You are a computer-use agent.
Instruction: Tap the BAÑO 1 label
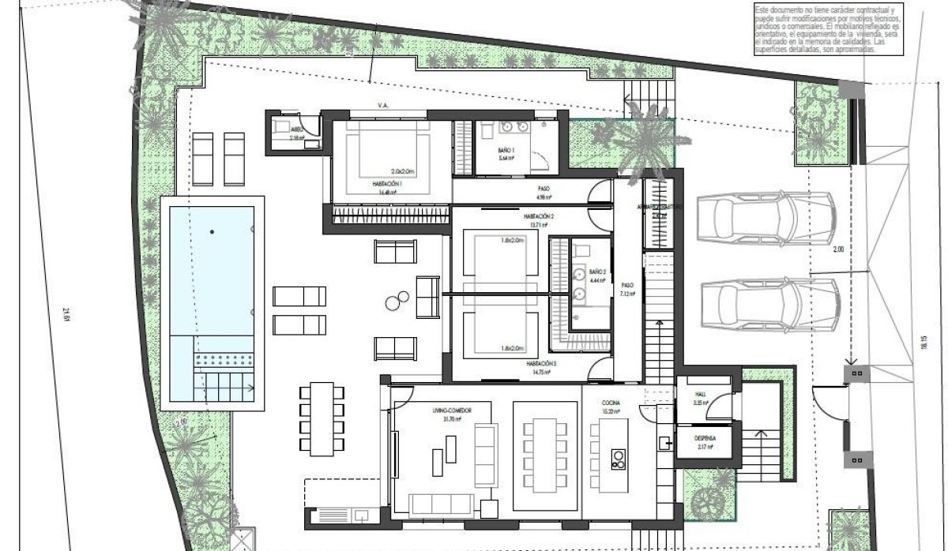(x=506, y=150)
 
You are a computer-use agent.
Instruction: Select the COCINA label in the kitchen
(x=610, y=402)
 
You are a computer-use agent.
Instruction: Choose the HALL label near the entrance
(x=700, y=394)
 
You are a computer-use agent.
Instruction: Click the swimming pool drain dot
(x=212, y=231)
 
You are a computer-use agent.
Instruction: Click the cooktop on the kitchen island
(x=618, y=459)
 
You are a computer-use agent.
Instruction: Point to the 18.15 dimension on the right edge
(x=924, y=344)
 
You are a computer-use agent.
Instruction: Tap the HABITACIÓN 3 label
(x=541, y=363)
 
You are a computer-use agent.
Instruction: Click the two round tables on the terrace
(x=397, y=300)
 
